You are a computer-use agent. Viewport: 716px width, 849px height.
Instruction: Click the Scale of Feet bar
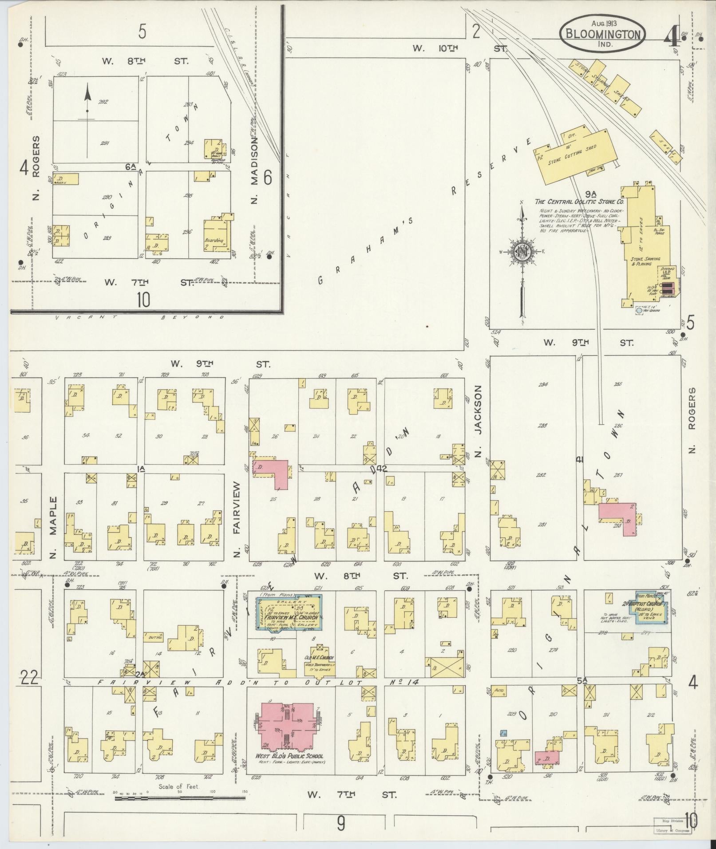pos(180,798)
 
